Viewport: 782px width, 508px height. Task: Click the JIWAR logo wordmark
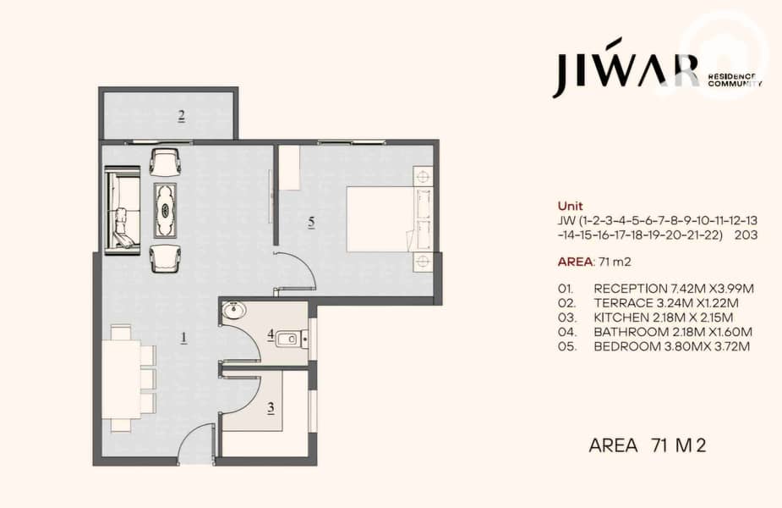(x=626, y=67)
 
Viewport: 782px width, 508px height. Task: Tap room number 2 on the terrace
(x=182, y=116)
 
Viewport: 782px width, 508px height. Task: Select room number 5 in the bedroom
(x=311, y=222)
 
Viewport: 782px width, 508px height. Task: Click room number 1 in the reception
(x=183, y=338)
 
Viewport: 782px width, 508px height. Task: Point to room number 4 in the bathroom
(x=271, y=335)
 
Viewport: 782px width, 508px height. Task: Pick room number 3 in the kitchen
(x=271, y=408)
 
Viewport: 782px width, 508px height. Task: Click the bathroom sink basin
(x=233, y=310)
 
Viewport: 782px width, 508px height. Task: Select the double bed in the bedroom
(x=389, y=218)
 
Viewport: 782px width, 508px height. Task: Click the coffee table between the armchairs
(x=165, y=210)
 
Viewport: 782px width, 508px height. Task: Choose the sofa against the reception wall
(x=123, y=210)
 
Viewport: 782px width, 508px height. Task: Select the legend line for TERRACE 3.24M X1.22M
(x=648, y=303)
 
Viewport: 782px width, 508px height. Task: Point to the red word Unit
(x=570, y=206)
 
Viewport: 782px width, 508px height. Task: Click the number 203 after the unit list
(x=746, y=235)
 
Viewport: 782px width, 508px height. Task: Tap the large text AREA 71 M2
(x=648, y=445)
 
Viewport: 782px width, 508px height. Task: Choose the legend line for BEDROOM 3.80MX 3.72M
(x=653, y=346)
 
